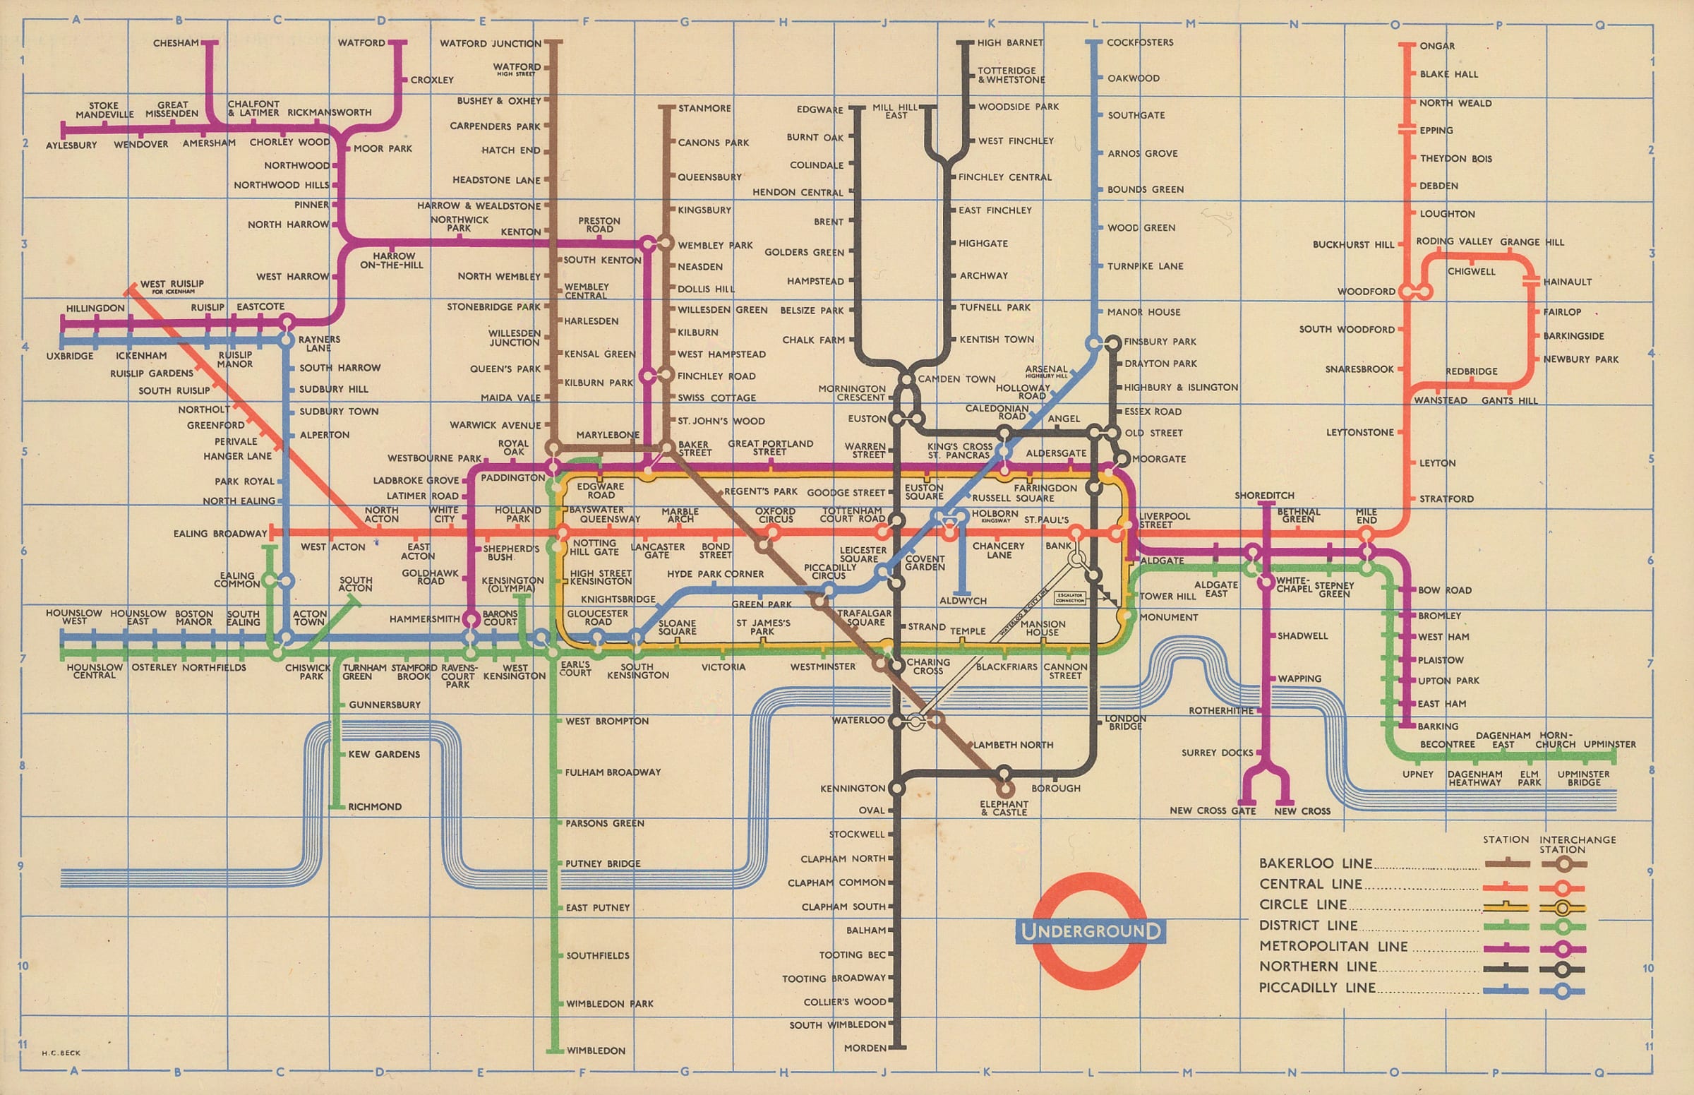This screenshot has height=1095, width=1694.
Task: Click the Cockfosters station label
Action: click(x=1139, y=42)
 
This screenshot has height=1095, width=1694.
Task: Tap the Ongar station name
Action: click(x=1436, y=46)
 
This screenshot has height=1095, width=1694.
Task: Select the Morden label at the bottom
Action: click(x=865, y=1048)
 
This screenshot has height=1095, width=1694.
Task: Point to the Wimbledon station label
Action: click(x=596, y=1051)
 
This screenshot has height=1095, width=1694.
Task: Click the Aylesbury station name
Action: click(x=71, y=145)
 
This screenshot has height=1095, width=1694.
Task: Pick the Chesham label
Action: click(x=176, y=43)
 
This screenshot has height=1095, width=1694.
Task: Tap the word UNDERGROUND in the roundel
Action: click(x=1090, y=931)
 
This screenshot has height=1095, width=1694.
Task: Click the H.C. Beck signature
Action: click(x=61, y=1053)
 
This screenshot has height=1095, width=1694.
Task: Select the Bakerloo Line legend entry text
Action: click(x=1315, y=864)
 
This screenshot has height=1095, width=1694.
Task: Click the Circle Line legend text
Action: click(x=1303, y=905)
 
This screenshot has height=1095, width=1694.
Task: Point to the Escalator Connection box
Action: click(x=1070, y=597)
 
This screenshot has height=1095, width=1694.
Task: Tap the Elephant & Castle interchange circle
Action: click(x=1004, y=789)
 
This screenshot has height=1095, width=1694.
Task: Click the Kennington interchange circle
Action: click(x=897, y=788)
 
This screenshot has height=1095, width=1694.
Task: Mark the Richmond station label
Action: click(x=375, y=807)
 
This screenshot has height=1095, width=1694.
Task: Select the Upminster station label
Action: click(x=1610, y=744)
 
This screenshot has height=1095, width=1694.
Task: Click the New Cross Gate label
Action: click(x=1213, y=811)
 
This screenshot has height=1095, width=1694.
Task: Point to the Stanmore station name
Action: click(x=704, y=109)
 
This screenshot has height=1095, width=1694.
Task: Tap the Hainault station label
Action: click(x=1568, y=282)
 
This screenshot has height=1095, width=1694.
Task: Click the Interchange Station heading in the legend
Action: click(x=1562, y=844)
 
